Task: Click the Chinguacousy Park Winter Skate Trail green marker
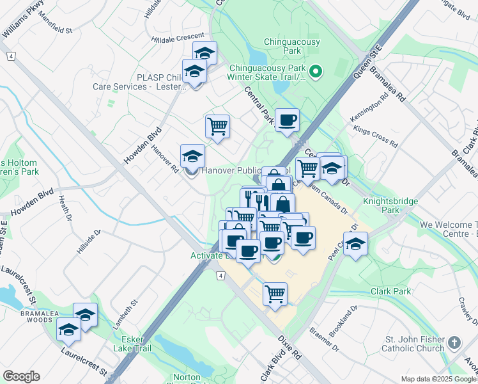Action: click(x=315, y=71)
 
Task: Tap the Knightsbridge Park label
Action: click(x=390, y=205)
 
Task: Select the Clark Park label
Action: click(x=391, y=291)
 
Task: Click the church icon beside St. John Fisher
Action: click(x=454, y=342)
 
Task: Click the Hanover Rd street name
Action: click(x=165, y=157)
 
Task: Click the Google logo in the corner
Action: click(x=21, y=376)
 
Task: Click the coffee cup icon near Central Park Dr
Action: click(x=287, y=120)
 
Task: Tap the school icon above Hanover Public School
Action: click(x=192, y=156)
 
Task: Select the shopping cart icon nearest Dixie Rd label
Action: click(x=275, y=294)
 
